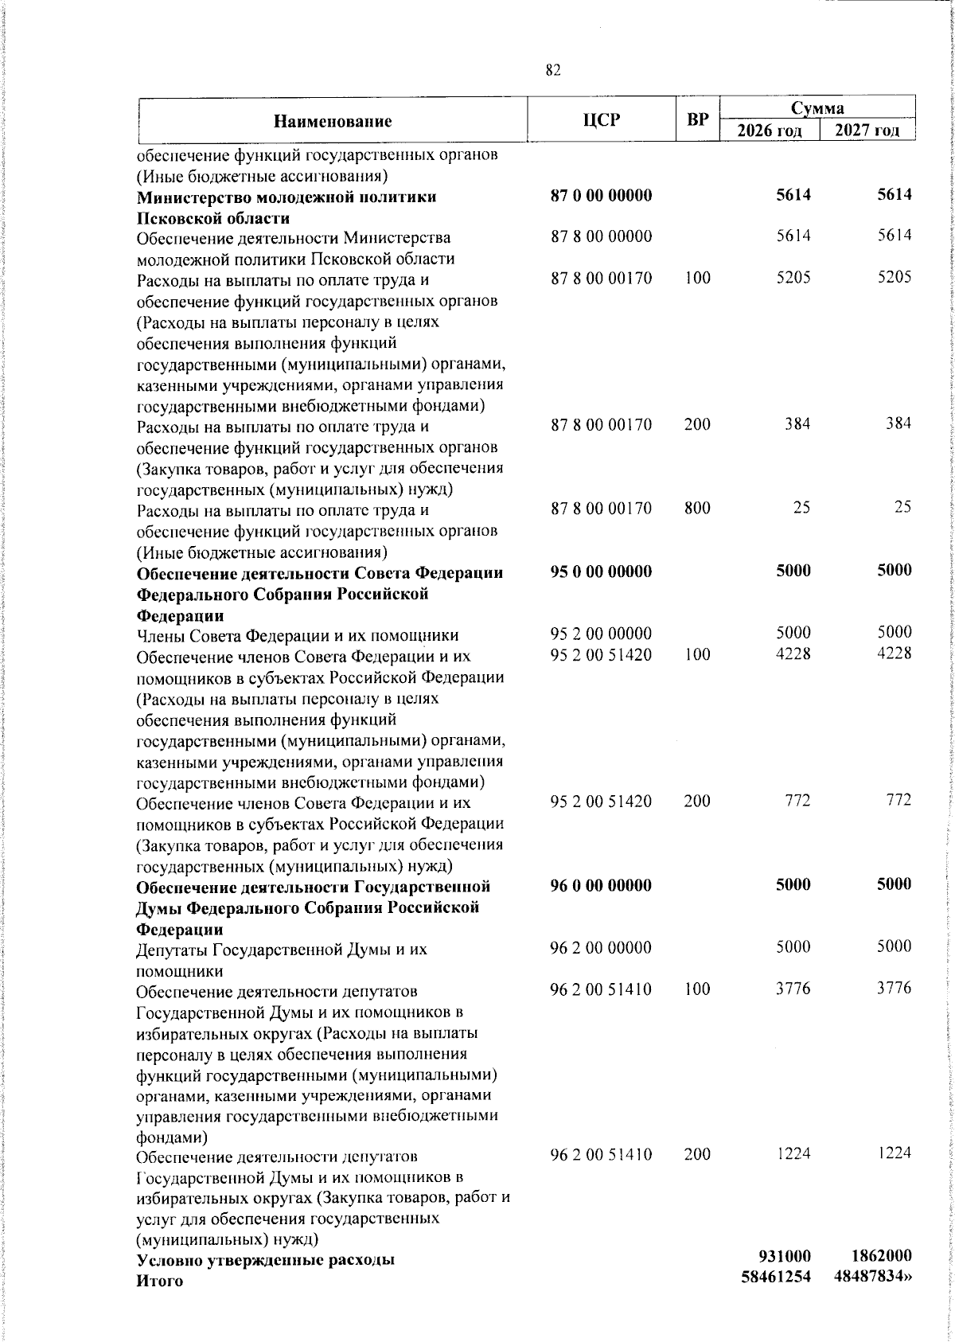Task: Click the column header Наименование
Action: tap(333, 122)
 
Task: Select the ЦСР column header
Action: tap(602, 120)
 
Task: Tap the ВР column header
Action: tap(697, 121)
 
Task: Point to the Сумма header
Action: tap(817, 107)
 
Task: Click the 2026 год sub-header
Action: tap(769, 131)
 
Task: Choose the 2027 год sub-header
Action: tap(867, 131)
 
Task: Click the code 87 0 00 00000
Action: tap(602, 196)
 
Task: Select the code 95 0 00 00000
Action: tap(602, 572)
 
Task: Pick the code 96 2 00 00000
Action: tap(602, 947)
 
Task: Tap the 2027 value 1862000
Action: tap(877, 1278)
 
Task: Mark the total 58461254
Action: tap(776, 1298)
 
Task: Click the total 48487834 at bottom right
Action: tap(874, 1298)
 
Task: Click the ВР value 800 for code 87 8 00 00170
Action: tap(697, 508)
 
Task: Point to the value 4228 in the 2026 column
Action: tap(793, 654)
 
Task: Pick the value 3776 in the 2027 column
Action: tap(895, 989)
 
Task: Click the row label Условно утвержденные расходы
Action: tap(267, 1282)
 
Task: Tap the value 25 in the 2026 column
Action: tap(801, 508)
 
